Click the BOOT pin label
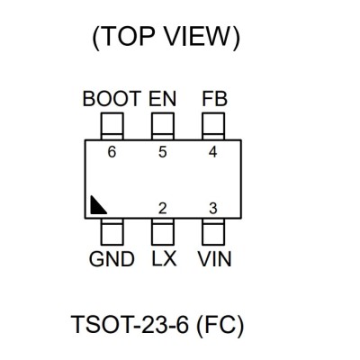112,99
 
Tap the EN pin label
163,99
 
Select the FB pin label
215,99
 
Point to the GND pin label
112,259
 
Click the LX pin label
164,259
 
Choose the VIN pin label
214,259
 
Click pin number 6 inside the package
112,152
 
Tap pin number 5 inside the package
163,152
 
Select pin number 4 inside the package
213,152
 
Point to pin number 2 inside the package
163,209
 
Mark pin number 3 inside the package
213,209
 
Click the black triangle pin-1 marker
96,207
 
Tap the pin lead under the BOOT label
112,126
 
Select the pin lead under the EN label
163,126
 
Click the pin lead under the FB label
213,126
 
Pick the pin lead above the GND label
112,231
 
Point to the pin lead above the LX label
163,231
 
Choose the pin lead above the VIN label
213,231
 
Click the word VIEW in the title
198,36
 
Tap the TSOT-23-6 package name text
130,325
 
